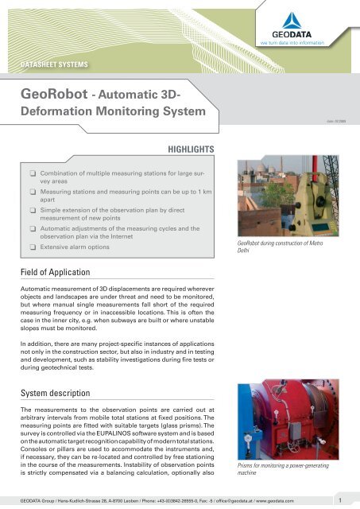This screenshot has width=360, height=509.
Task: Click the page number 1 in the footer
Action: click(x=340, y=500)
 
